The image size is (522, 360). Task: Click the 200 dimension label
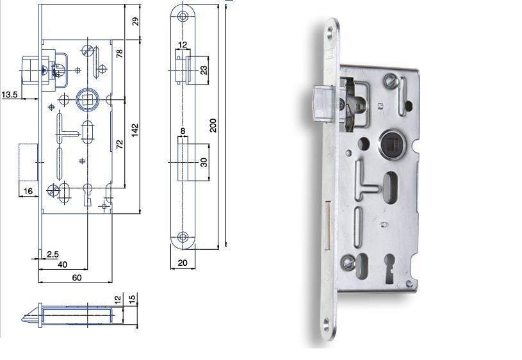pyautogui.click(x=213, y=125)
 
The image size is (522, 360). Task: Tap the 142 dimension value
pyautogui.click(x=135, y=130)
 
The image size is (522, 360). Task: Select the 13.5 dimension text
pyautogui.click(x=10, y=95)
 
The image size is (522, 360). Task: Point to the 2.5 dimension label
pyautogui.click(x=53, y=254)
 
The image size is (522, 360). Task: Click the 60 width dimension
pyautogui.click(x=77, y=277)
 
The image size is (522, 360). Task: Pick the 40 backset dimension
pyautogui.click(x=63, y=265)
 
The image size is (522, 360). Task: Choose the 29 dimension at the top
pyautogui.click(x=135, y=21)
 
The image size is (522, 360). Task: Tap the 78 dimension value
pyautogui.click(x=120, y=53)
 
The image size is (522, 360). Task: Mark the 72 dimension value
pyautogui.click(x=120, y=144)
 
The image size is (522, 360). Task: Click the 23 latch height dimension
pyautogui.click(x=204, y=70)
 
